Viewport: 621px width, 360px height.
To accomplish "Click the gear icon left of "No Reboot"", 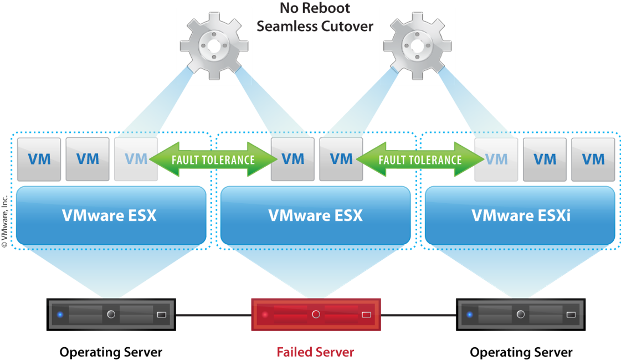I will tap(214, 46).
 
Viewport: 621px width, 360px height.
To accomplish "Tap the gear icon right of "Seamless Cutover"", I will tap(417, 46).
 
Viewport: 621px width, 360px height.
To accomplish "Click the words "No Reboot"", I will tap(316, 8).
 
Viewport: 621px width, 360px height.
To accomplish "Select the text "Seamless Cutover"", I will tap(316, 25).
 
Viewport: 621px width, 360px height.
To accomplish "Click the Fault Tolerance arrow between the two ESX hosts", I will tap(214, 160).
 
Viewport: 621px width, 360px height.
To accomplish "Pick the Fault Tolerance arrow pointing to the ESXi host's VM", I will tap(420, 160).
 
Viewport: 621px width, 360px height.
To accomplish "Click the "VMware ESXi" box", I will tap(520, 215).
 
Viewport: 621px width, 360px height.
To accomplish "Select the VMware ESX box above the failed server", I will tap(316, 215).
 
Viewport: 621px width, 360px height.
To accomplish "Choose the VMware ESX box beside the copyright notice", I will tap(110, 215).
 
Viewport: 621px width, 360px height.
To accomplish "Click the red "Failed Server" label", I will tap(315, 352).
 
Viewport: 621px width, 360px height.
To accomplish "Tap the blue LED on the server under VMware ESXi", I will tap(470, 315).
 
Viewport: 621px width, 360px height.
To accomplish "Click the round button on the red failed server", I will tap(316, 315).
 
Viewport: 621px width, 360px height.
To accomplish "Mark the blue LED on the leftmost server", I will tap(60, 315).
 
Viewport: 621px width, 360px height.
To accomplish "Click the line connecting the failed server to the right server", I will tap(419, 315).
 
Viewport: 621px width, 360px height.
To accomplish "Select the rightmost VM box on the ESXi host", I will tap(593, 160).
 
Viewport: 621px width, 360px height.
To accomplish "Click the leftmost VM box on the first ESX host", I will tap(39, 160).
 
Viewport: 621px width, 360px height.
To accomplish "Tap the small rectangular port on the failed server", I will tap(366, 315).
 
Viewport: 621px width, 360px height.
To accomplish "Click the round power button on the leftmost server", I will tap(111, 315).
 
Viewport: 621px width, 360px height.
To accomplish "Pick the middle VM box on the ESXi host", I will tap(545, 160).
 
